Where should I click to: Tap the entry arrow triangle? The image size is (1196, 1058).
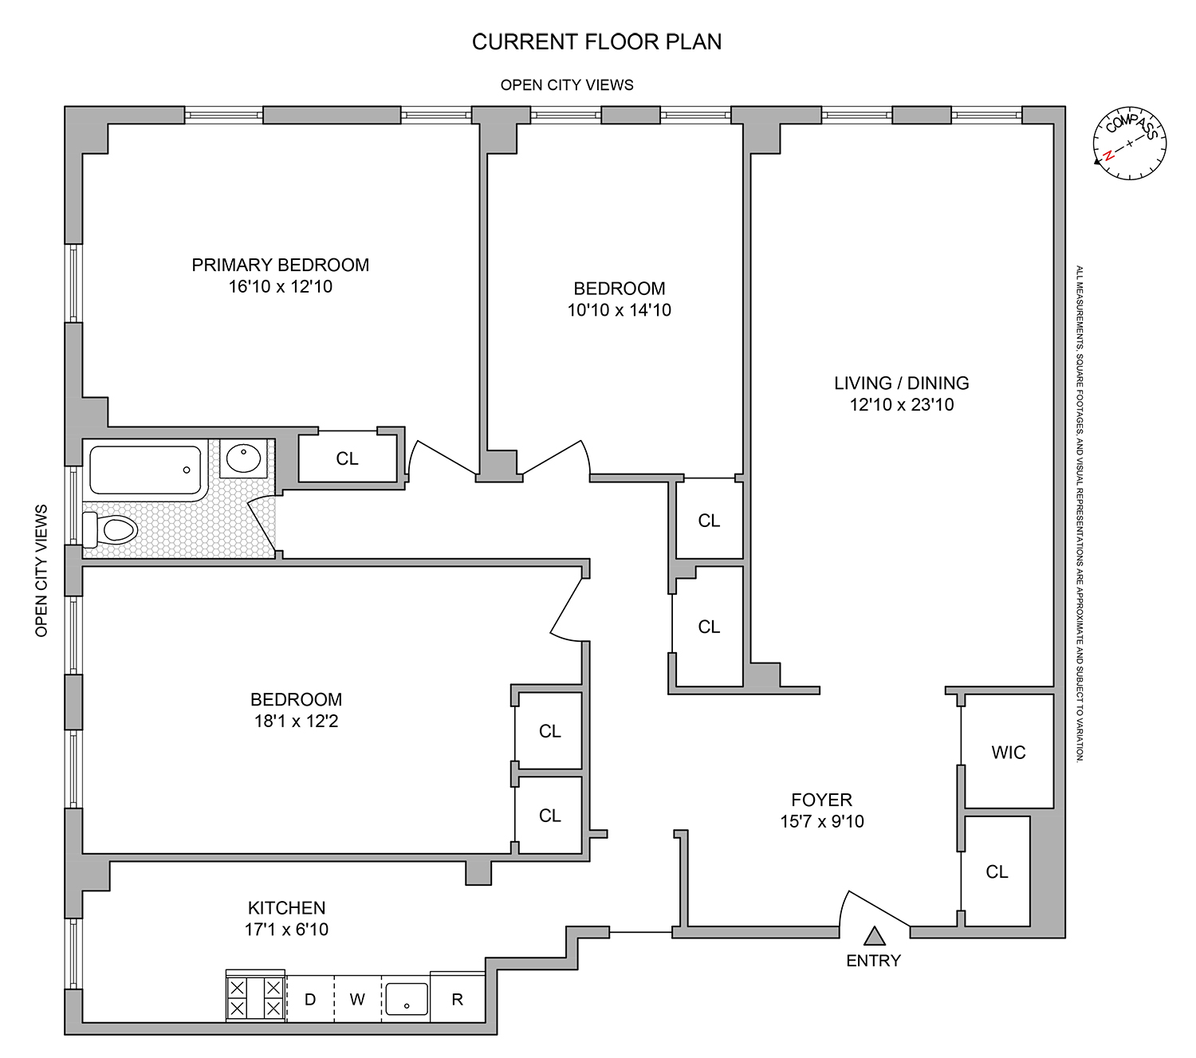[x=875, y=935]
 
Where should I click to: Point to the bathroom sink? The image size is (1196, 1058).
[x=242, y=459]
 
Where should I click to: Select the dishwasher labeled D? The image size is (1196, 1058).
[x=310, y=999]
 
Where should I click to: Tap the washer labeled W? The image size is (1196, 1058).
[x=357, y=999]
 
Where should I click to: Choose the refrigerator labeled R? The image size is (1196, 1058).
[x=457, y=999]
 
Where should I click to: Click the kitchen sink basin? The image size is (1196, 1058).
[x=407, y=999]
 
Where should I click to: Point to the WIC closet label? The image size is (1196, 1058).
[x=1008, y=752]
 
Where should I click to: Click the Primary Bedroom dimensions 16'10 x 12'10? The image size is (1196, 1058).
[x=280, y=287]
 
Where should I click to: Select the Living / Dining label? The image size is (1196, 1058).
[x=901, y=383]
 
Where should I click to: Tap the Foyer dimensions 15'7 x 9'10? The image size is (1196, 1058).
[x=821, y=821]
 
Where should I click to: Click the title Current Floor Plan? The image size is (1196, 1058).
[x=596, y=42]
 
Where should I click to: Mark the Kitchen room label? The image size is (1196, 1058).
[x=286, y=907]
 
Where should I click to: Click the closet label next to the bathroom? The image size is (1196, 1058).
[x=347, y=458]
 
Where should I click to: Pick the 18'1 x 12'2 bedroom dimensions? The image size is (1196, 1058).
[x=296, y=722]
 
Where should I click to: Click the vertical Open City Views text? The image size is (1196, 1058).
[x=42, y=570]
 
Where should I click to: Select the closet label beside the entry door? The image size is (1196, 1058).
[x=997, y=871]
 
